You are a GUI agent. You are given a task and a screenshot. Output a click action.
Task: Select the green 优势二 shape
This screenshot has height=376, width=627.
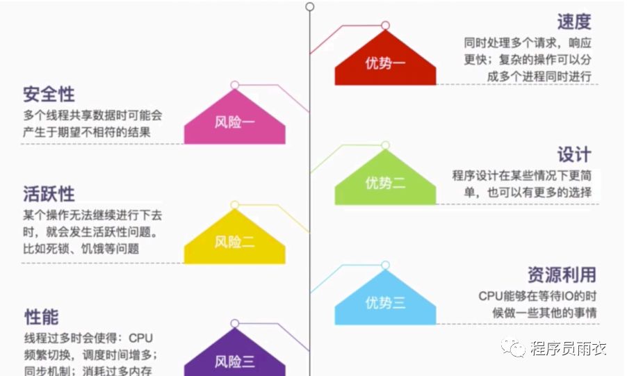(x=385, y=182)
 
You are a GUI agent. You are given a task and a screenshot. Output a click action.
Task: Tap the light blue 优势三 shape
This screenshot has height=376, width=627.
(x=385, y=302)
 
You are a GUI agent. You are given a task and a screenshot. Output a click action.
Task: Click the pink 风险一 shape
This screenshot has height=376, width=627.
(x=234, y=122)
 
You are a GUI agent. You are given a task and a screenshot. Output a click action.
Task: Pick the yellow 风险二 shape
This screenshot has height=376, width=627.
(x=234, y=242)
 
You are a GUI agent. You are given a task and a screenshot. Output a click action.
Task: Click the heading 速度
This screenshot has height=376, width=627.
(x=573, y=21)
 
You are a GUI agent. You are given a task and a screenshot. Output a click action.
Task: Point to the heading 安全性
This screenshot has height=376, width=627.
(x=49, y=94)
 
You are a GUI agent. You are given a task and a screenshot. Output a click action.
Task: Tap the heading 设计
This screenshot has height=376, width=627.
(x=573, y=154)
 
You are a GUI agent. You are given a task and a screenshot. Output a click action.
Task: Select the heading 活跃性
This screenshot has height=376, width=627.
(x=49, y=193)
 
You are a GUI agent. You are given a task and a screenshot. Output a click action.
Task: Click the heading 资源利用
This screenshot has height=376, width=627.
(x=562, y=275)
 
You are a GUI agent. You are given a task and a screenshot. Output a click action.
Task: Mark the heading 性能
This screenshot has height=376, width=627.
(x=41, y=317)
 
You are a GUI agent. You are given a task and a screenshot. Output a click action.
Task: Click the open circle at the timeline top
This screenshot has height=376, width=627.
(x=310, y=6)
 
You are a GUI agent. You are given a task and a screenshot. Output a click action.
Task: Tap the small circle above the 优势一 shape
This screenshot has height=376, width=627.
(x=386, y=25)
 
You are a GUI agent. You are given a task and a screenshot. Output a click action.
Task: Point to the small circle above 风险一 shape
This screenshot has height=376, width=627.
(x=235, y=85)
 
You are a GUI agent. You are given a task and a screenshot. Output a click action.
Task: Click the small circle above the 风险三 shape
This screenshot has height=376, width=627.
(x=235, y=323)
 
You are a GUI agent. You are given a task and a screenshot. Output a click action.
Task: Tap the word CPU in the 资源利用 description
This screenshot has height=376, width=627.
(x=491, y=295)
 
